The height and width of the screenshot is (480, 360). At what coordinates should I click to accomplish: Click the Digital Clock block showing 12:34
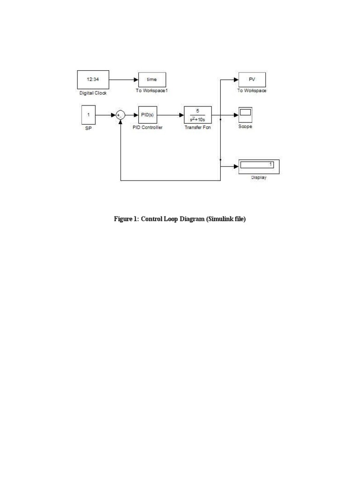[x=93, y=80]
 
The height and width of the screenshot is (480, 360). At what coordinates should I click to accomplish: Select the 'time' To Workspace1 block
[x=152, y=80]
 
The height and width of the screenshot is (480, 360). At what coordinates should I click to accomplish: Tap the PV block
[x=252, y=80]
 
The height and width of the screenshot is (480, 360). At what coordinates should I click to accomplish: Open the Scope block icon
[x=245, y=114]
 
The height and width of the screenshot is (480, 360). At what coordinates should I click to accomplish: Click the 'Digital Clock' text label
[x=93, y=93]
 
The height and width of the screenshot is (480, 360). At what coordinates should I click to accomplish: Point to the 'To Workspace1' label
[x=152, y=90]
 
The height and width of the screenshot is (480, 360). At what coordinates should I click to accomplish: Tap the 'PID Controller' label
[x=148, y=127]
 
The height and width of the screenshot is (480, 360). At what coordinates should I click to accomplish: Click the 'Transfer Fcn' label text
[x=198, y=127]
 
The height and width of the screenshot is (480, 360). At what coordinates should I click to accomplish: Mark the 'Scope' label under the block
[x=245, y=127]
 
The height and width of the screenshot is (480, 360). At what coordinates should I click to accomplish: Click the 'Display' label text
[x=259, y=178]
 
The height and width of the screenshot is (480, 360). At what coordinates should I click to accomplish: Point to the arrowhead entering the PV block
[x=236, y=80]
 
